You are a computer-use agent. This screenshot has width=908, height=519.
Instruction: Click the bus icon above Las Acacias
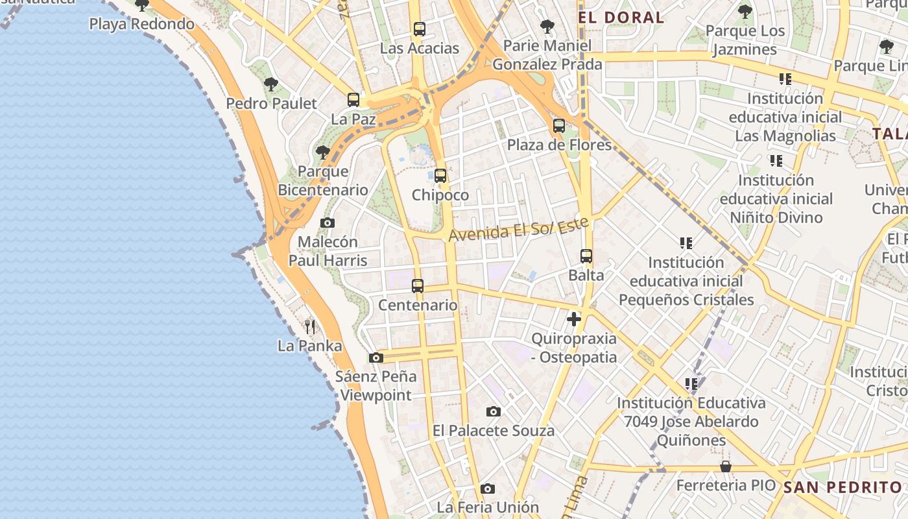[x=419, y=29]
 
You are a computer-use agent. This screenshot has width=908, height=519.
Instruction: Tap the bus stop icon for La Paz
[x=353, y=100]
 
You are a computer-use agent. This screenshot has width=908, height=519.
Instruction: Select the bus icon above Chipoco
[x=440, y=176]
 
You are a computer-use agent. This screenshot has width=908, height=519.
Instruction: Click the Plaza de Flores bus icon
[x=559, y=126]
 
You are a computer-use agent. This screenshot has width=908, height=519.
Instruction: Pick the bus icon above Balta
[x=586, y=256]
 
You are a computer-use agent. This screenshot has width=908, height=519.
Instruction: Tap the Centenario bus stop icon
[x=418, y=286]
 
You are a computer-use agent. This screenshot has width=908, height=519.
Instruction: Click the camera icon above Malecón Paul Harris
[x=328, y=223]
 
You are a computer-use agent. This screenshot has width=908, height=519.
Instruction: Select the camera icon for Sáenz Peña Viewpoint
[x=376, y=357]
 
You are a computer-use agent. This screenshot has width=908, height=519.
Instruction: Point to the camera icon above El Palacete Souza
[x=494, y=411]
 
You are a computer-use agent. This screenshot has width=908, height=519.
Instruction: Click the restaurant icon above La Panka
[x=310, y=326]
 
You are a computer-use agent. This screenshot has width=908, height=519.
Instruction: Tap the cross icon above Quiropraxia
[x=573, y=319]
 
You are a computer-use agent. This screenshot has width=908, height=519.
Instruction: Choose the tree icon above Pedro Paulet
[x=271, y=84]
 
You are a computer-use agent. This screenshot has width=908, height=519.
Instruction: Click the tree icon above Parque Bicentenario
[x=322, y=153]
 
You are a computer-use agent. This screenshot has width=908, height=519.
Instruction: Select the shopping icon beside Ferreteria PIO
[x=726, y=467]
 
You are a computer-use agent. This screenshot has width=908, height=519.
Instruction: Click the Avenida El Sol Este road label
[x=518, y=229]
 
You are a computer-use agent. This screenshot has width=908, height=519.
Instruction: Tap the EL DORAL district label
[x=621, y=18]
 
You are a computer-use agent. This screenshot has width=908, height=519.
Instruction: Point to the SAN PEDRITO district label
[x=842, y=487]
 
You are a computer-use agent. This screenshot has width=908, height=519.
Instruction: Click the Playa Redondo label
[x=141, y=24]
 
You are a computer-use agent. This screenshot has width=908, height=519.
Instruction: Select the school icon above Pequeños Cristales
[x=686, y=243]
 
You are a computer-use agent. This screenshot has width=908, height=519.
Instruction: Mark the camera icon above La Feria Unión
[x=488, y=489]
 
